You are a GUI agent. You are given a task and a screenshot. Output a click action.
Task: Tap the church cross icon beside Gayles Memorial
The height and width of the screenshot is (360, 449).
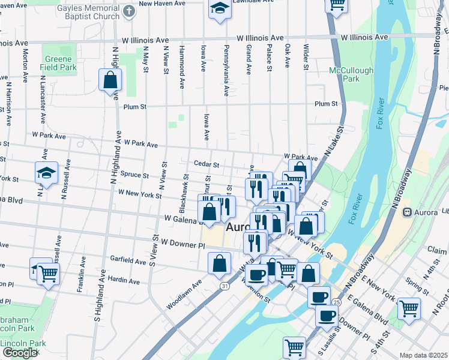[x=128, y=11]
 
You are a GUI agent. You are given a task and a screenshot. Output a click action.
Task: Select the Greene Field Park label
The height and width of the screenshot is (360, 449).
[x=59, y=64]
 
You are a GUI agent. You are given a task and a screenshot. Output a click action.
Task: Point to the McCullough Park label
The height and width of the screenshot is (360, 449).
[x=351, y=74]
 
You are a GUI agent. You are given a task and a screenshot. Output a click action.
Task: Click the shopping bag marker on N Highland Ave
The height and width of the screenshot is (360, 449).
[x=110, y=80]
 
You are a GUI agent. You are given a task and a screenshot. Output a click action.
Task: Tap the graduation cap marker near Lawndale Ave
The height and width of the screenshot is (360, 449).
[x=219, y=8]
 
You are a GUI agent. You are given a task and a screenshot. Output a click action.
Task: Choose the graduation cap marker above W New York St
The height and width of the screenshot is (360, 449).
[x=46, y=174]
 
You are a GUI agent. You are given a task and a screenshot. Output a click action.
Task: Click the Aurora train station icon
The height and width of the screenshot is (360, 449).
[x=406, y=212]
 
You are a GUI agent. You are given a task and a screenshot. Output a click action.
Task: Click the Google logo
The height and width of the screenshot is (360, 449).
[x=20, y=353]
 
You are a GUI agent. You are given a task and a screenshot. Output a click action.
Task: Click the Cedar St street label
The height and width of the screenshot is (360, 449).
[x=206, y=164]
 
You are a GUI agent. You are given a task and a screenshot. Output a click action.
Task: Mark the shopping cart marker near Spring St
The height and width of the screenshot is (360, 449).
[x=409, y=308]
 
